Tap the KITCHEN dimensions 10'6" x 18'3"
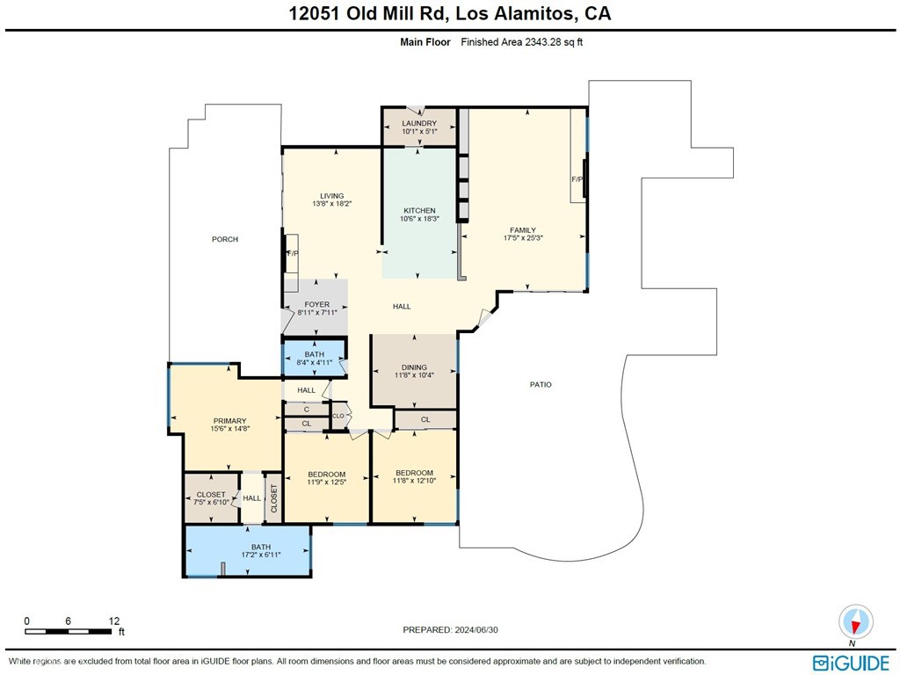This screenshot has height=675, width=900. pos(419,220)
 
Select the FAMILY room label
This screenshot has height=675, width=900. pos(523,230)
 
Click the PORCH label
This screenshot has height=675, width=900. pos(225,239)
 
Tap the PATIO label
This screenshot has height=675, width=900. pos(541,385)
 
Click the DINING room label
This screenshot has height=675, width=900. pos(414,367)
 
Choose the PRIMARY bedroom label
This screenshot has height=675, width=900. pos(229,421)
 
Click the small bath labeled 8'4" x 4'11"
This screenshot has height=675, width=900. pos(314,358)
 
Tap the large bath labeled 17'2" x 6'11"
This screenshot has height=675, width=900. pos(261,551)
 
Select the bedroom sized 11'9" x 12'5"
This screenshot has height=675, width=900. pos(326,478)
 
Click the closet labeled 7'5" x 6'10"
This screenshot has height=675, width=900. pos(211,499)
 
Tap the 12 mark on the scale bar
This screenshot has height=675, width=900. pos(114,621)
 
